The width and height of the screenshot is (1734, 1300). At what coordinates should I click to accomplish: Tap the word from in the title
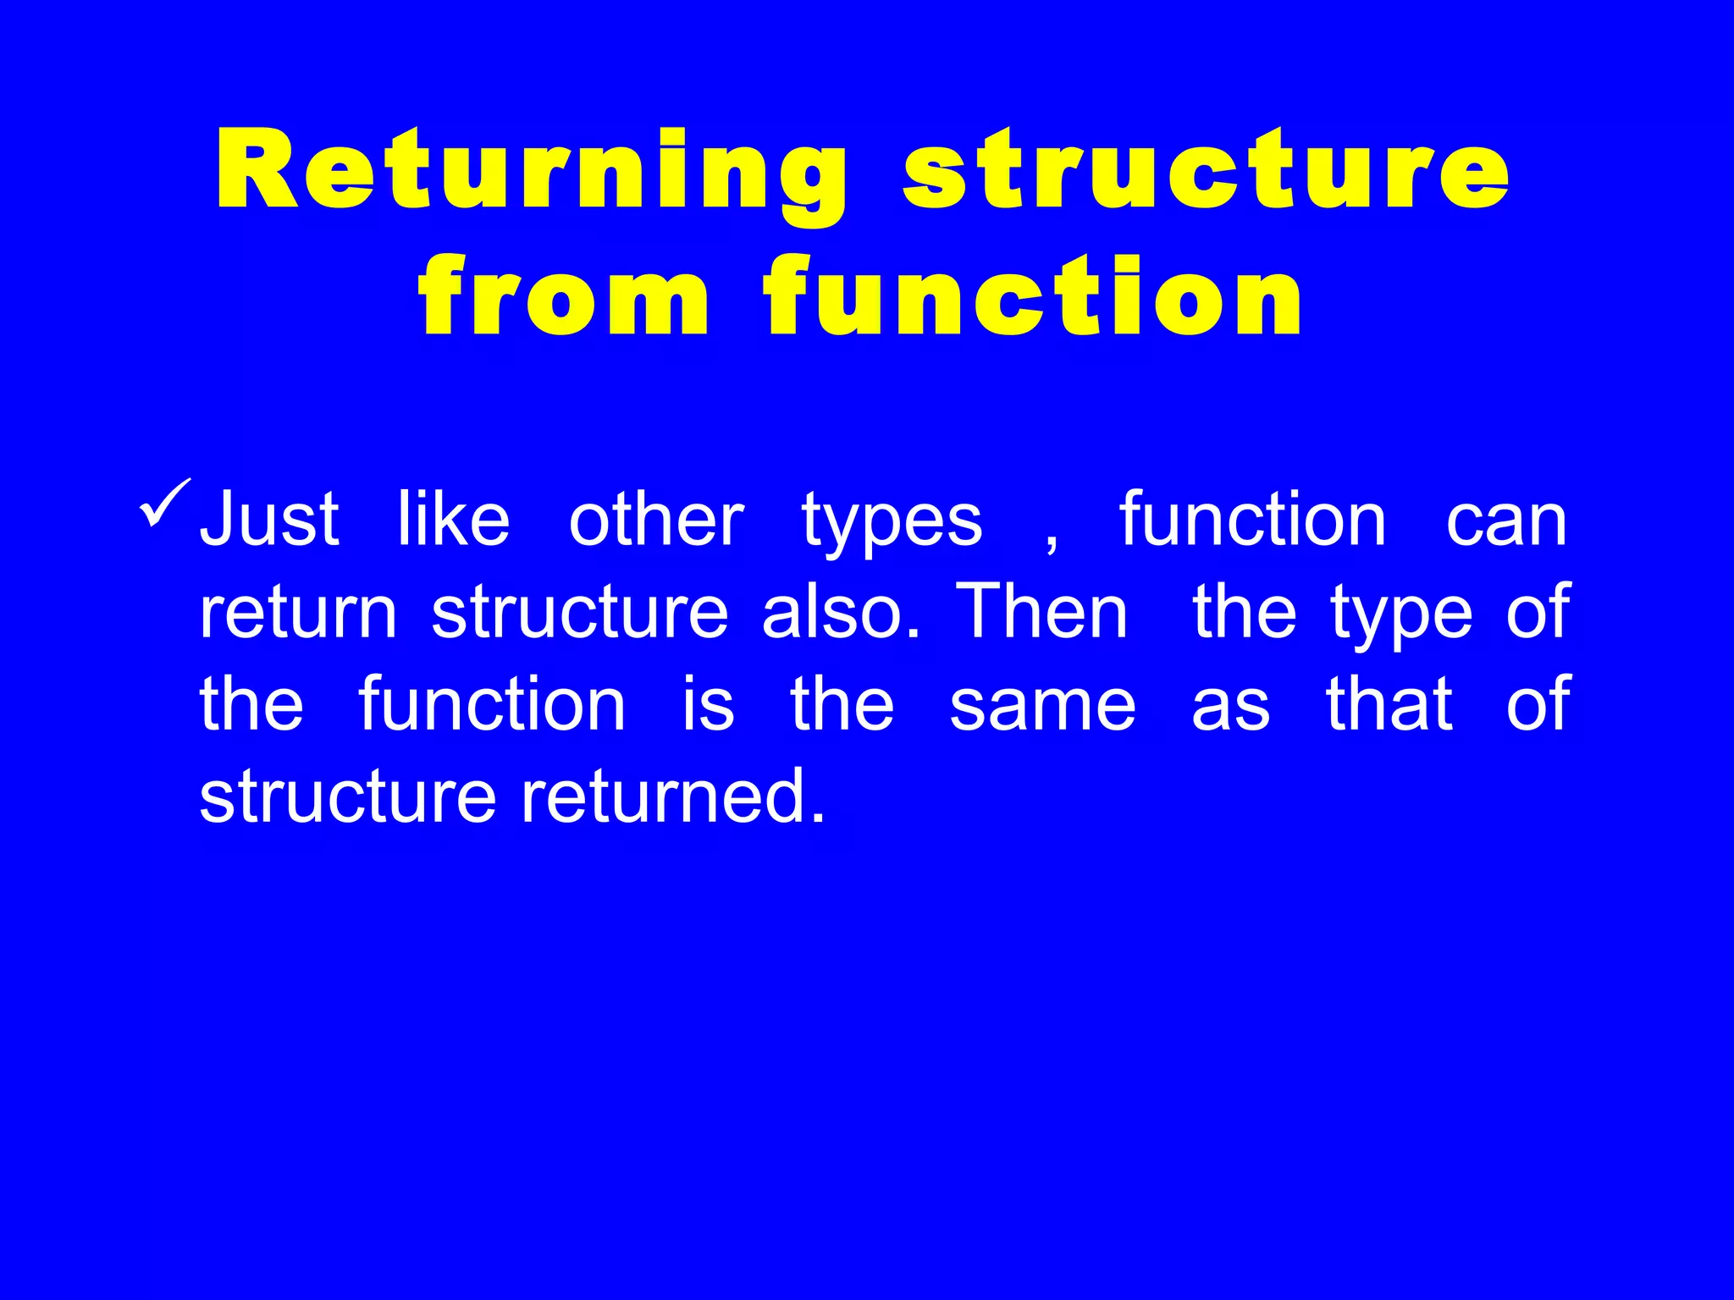pyautogui.click(x=563, y=295)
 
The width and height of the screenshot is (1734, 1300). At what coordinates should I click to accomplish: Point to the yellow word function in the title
pyautogui.click(x=1033, y=295)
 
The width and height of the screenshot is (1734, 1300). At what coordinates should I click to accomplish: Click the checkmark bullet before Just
pyautogui.click(x=166, y=504)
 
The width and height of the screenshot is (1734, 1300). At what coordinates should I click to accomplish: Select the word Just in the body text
pyautogui.click(x=269, y=520)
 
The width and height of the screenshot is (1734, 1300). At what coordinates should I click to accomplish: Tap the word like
pyautogui.click(x=454, y=520)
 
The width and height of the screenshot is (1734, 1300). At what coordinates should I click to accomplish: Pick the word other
pyautogui.click(x=656, y=520)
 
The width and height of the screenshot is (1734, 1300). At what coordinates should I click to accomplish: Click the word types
pyautogui.click(x=892, y=525)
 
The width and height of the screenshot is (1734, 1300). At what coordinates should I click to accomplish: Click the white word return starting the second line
pyautogui.click(x=298, y=613)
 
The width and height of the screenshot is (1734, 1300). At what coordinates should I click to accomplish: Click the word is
pyautogui.click(x=709, y=704)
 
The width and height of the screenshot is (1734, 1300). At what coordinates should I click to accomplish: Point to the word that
pyautogui.click(x=1389, y=704)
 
